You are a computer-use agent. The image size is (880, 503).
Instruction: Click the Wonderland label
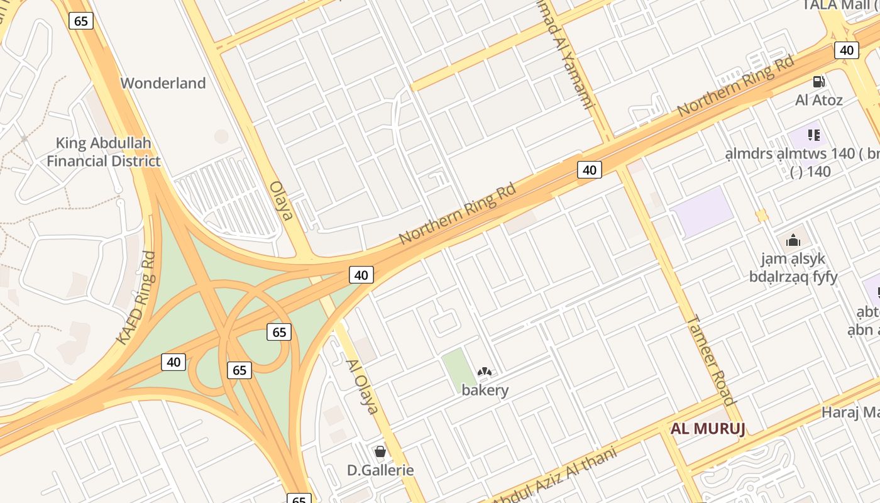click(163, 83)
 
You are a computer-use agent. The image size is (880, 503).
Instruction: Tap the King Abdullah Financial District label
click(103, 152)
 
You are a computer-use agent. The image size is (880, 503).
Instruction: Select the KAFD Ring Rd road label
click(136, 298)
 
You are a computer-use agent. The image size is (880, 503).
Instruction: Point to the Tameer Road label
click(711, 360)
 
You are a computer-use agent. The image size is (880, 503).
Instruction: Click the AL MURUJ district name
click(708, 429)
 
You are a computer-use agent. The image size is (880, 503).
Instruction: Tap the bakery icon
click(484, 373)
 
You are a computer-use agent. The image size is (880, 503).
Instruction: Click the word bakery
click(485, 390)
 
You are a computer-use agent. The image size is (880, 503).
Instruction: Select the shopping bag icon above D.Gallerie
click(380, 451)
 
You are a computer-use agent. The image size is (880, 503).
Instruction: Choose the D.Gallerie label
click(380, 470)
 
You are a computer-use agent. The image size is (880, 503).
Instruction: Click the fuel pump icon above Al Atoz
click(818, 82)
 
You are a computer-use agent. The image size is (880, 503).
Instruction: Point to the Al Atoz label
click(818, 100)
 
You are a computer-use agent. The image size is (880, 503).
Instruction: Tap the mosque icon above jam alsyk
click(793, 240)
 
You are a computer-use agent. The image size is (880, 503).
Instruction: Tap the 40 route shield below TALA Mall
click(847, 50)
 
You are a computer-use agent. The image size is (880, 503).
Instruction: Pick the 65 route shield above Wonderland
click(81, 21)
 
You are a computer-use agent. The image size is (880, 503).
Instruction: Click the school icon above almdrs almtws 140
click(814, 135)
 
